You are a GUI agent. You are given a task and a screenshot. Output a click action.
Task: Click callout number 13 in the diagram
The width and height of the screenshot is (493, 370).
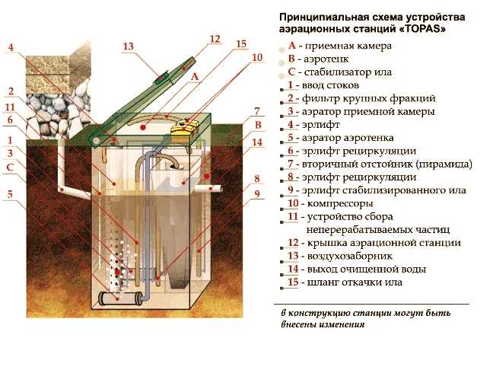[128, 46]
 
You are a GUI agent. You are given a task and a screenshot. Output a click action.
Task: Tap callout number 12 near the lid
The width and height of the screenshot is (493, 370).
[215, 38]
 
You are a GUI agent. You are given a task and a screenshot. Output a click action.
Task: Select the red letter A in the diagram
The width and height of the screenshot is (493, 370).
[195, 77]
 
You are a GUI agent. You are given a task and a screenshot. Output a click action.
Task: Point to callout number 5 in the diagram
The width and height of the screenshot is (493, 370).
[10, 194]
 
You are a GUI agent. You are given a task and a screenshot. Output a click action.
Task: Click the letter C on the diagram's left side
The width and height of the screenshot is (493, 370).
[10, 167]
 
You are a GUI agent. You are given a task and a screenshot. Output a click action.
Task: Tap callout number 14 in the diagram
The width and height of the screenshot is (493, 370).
[257, 142]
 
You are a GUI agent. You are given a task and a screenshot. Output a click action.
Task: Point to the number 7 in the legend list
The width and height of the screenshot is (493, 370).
[291, 164]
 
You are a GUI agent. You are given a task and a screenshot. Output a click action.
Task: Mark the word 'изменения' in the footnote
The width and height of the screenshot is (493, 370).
[342, 324]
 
